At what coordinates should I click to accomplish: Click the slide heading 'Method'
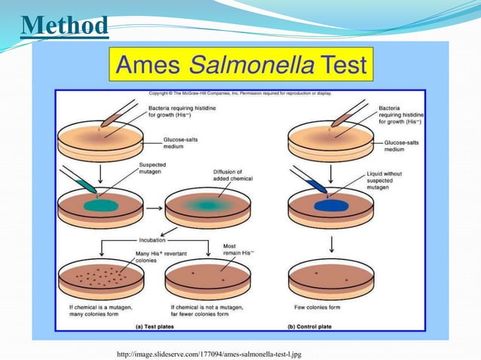[x=64, y=25]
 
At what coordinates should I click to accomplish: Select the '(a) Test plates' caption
[x=158, y=327]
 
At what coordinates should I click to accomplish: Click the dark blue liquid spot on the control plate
[x=326, y=204]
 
